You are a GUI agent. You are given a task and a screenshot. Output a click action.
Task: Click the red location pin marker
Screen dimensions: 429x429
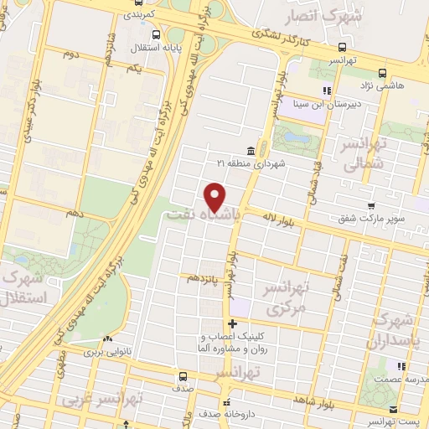(216, 196)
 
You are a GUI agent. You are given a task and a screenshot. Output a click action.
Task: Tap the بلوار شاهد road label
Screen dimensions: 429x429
(312, 403)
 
